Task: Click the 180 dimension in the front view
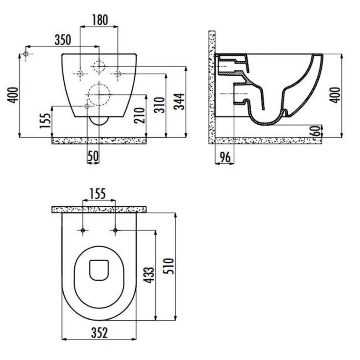tap(99, 20)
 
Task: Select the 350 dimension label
tap(62, 40)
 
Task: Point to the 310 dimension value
tap(159, 105)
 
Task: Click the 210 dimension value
tap(139, 116)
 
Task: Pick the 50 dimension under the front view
tap(93, 157)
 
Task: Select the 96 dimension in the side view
tap(225, 157)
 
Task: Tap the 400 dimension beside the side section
tap(337, 95)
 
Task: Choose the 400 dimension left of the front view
tap(13, 95)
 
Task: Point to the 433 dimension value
tap(149, 276)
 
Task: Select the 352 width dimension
tap(99, 333)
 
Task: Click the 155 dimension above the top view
tap(97, 194)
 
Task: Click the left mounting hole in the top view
tap(82, 230)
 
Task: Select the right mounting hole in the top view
tap(115, 230)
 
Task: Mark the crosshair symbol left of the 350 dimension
tap(26, 54)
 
